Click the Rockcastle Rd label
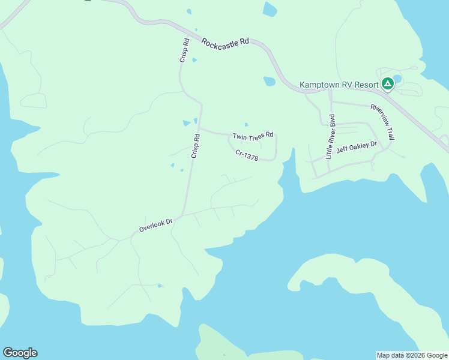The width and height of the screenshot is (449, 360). tap(225, 44)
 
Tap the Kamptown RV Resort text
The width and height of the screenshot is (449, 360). tap(339, 85)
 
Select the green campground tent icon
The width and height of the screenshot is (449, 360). tap(388, 83)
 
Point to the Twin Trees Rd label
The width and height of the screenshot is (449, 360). tap(253, 136)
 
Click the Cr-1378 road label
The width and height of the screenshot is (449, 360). tap(247, 155)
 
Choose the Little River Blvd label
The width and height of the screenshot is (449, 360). tap(330, 136)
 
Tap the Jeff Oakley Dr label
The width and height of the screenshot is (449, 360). tap(357, 147)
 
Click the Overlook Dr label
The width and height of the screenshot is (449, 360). tap(155, 225)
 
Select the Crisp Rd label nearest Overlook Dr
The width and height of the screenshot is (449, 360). tap(195, 146)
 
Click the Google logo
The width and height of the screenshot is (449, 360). tap(20, 353)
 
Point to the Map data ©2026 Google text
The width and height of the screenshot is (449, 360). tap(412, 355)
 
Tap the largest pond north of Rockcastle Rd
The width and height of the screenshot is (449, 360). tap(270, 9)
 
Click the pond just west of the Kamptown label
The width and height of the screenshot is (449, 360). tap(270, 81)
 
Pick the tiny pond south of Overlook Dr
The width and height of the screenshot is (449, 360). tap(160, 286)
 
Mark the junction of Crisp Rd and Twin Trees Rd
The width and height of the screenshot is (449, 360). tap(199, 128)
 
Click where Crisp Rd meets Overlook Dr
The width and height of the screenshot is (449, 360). tap(182, 215)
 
